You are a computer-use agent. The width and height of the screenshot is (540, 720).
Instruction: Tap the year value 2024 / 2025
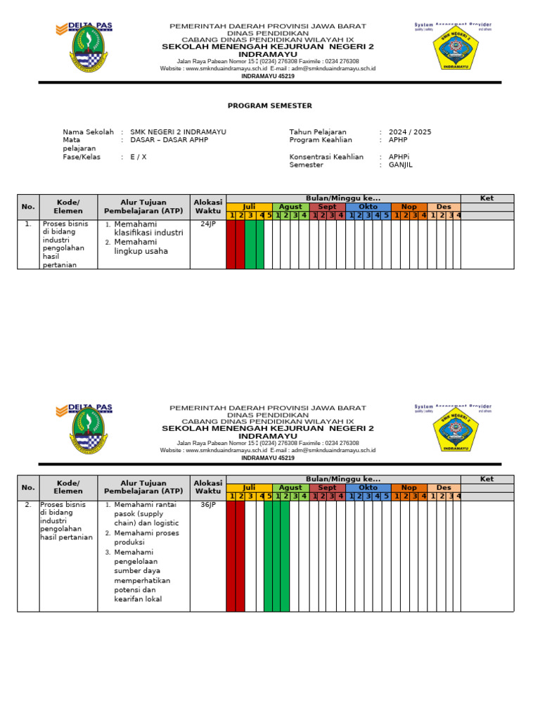coord(410,131)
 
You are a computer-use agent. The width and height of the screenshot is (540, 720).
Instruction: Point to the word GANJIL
coord(401,165)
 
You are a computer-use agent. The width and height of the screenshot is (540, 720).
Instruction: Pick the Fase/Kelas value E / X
coord(139,157)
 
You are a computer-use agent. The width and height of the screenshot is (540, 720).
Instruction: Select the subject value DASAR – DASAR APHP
coord(169,140)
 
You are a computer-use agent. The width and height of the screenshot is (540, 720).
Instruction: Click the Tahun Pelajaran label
coord(318,131)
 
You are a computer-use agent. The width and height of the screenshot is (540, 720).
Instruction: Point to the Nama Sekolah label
coord(88,131)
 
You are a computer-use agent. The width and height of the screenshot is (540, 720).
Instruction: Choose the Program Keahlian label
coord(321,140)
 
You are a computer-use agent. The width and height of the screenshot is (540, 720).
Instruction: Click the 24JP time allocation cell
coord(208,224)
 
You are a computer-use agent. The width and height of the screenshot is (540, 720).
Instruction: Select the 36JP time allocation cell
coord(208,505)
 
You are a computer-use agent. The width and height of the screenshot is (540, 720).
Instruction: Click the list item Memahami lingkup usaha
coord(141,246)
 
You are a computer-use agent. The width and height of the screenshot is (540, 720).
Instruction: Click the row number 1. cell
coord(27,224)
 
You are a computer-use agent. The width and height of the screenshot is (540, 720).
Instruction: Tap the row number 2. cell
coord(27,505)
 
